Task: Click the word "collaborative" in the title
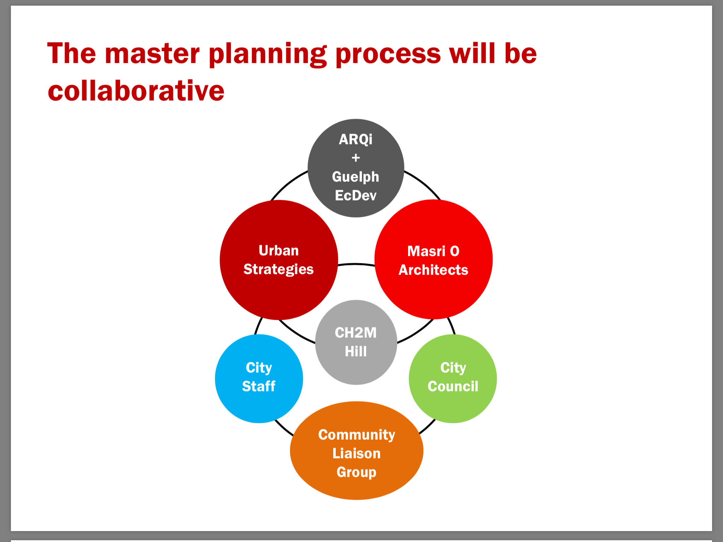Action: [x=136, y=91]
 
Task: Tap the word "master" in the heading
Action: [x=152, y=54]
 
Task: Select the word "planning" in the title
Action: [x=268, y=54]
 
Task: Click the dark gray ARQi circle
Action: [x=356, y=168]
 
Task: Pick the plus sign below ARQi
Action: [x=356, y=158]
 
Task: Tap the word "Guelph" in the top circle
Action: [x=355, y=177]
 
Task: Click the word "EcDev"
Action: [x=356, y=195]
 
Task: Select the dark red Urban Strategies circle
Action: [x=279, y=260]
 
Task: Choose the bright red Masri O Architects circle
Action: [x=434, y=259]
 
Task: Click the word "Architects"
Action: [x=434, y=270]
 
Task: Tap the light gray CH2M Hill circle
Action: [x=356, y=342]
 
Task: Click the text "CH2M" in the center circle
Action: [x=356, y=333]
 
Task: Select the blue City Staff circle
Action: [x=259, y=379]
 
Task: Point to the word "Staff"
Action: [x=259, y=386]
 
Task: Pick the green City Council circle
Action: [x=453, y=379]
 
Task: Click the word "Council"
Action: [x=453, y=386]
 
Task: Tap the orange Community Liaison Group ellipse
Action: [x=357, y=451]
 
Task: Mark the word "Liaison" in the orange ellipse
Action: [x=357, y=453]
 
